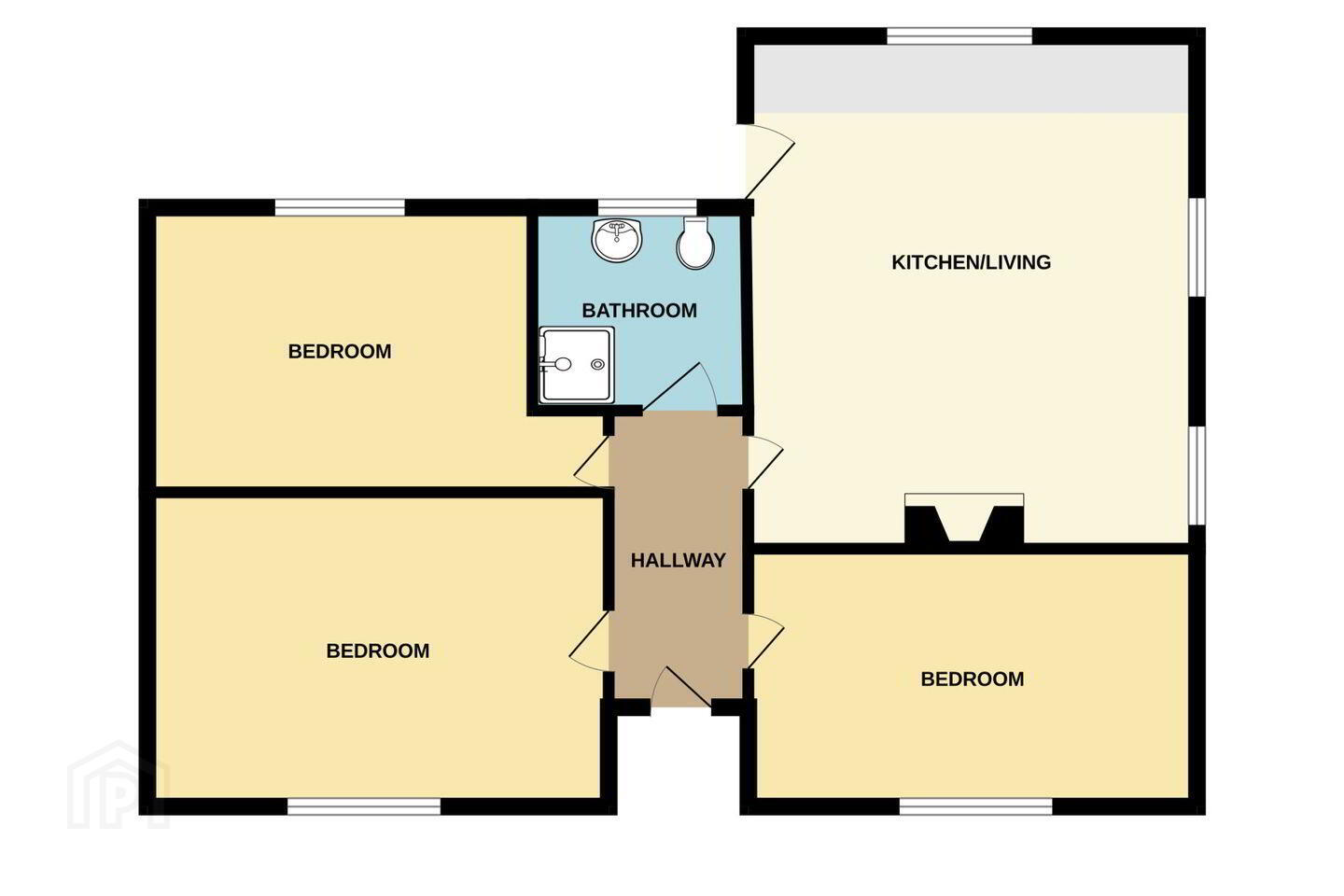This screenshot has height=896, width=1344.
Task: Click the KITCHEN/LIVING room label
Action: pyautogui.click(x=971, y=262)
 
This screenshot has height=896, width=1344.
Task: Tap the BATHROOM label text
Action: pyautogui.click(x=639, y=310)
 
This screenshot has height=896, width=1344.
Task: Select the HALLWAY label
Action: pyautogui.click(x=679, y=561)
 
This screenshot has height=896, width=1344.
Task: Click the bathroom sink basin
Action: pyautogui.click(x=617, y=240)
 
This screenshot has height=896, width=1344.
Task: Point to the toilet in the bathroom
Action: pyautogui.click(x=695, y=243)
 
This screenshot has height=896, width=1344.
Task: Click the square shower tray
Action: pyautogui.click(x=577, y=365)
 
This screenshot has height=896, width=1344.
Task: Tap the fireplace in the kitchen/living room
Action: pyautogui.click(x=964, y=519)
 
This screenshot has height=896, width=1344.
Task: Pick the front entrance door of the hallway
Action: pyautogui.click(x=681, y=687)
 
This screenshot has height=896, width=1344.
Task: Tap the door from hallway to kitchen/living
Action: pyautogui.click(x=765, y=462)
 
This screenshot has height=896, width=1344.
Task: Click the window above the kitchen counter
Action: pyautogui.click(x=960, y=36)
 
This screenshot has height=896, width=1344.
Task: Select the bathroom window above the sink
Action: pyautogui.click(x=648, y=207)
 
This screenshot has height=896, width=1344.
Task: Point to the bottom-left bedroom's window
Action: pyautogui.click(x=364, y=806)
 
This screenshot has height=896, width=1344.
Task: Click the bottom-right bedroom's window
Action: pyautogui.click(x=975, y=806)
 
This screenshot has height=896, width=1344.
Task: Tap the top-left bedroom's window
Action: pyautogui.click(x=340, y=207)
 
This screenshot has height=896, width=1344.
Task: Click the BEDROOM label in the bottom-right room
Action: pyautogui.click(x=972, y=679)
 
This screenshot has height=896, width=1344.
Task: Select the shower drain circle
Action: pyautogui.click(x=597, y=364)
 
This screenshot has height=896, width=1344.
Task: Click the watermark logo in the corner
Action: pyautogui.click(x=119, y=786)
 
